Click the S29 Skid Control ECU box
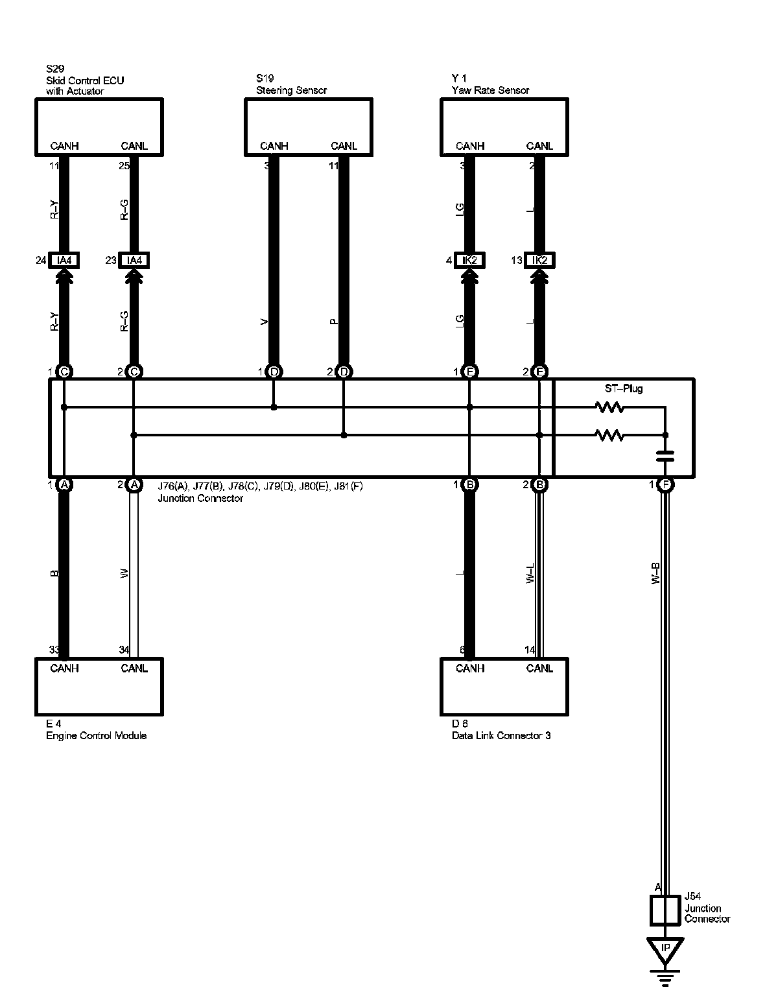pos(99,126)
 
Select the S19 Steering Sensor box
pos(309,126)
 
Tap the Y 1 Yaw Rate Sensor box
pos(504,126)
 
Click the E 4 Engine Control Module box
pos(99,687)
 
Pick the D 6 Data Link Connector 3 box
pos(504,687)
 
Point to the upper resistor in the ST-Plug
pos(609,408)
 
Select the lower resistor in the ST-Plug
pos(609,436)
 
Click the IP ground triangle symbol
pos(665,949)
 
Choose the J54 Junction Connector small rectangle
pos(665,910)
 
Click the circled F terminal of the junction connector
pos(665,484)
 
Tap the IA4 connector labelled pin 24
pos(64,261)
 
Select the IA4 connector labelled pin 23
pos(134,261)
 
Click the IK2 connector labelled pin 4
pos(469,261)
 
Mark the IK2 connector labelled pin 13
pos(539,261)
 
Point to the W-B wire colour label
pos(655,574)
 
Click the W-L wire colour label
pos(530,574)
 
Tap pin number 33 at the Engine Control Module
pos(54,650)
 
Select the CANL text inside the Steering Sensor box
pos(344,146)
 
